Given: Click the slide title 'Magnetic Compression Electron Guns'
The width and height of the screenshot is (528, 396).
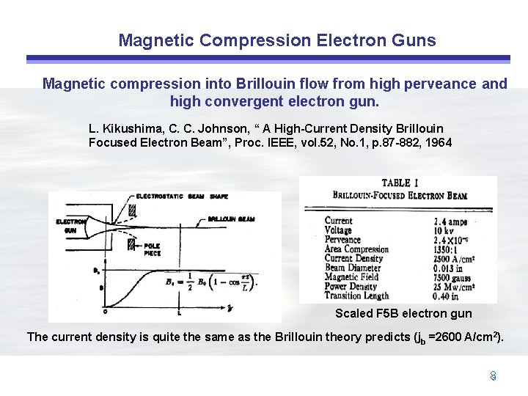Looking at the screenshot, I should coord(276,40).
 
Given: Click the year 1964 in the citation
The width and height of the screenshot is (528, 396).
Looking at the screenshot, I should coord(436,142).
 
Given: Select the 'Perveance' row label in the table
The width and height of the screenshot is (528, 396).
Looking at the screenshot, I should coord(343,240).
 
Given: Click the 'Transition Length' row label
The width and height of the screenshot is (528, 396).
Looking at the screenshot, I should coord(356,296).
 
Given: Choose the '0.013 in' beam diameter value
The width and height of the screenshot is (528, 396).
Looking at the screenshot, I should coord(451,268).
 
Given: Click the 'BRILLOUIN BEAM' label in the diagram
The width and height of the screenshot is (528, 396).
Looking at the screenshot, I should coord(232,219).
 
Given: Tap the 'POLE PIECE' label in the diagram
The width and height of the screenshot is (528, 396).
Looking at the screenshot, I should coord(153,250).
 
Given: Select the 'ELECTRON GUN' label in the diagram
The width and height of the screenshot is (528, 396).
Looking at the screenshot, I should coord(70,225).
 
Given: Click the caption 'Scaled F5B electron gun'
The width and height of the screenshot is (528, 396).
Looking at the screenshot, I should coord(403,314).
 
